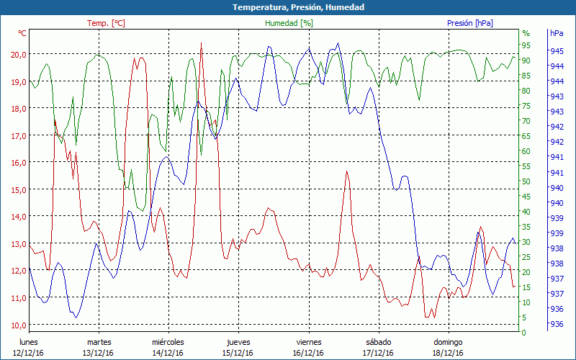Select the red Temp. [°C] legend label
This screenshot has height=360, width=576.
coord(106,23)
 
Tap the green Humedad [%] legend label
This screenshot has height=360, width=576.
coord(289,23)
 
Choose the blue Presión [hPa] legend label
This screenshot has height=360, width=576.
coord(470,23)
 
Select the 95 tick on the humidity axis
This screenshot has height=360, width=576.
coord(526,45)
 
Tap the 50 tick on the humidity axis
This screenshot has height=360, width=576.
coord(526,181)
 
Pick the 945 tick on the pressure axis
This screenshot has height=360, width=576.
coord(557,51)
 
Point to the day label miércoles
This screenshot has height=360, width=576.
coord(168,342)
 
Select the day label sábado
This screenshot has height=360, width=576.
coord(378,342)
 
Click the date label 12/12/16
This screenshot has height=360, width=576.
coord(28,353)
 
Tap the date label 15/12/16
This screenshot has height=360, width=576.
coord(238,353)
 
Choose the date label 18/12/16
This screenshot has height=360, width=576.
coord(448,353)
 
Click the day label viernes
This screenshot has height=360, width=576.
coord(308,342)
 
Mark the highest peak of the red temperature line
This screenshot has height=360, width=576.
coord(201,43)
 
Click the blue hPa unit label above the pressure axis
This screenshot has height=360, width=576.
coord(557,33)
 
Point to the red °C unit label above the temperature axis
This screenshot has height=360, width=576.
coord(22,33)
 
